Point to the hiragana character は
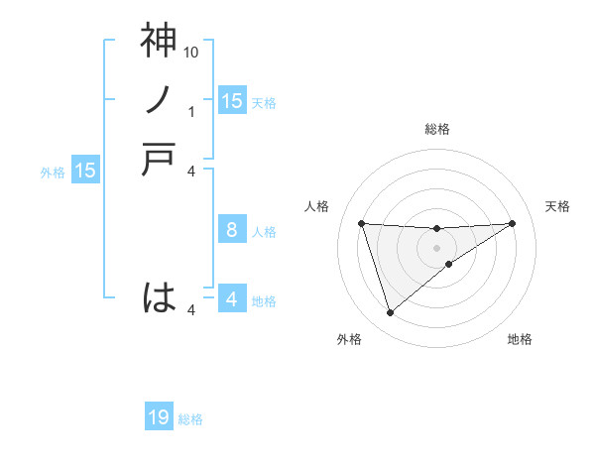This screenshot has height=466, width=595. point(159,297)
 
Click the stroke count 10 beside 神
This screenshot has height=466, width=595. point(192,52)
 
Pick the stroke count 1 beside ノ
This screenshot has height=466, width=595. point(192,111)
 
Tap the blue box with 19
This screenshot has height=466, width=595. point(159,418)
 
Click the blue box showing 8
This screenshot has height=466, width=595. point(231,230)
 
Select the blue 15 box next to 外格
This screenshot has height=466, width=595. point(85,171)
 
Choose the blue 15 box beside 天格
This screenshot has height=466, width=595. point(231,100)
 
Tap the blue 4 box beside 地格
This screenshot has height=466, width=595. point(231,299)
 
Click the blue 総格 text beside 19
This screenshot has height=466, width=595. point(190,419)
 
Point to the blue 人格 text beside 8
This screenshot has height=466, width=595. point(264,232)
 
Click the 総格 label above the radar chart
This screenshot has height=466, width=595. point(436,129)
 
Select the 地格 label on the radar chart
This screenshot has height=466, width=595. point(520,339)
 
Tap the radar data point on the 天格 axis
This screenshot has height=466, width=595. point(512,223)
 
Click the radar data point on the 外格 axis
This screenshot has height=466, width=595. point(390,313)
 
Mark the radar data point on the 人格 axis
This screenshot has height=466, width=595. point(361,223)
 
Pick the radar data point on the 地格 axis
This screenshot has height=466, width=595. point(449,264)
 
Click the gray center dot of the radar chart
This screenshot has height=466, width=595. point(436,247)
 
